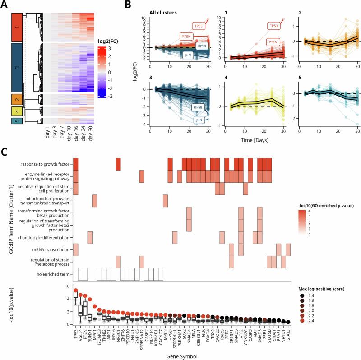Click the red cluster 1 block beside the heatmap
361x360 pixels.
16,28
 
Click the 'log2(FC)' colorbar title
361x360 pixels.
108,42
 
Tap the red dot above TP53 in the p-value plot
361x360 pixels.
76,291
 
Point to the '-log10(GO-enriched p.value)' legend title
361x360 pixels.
322,205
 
